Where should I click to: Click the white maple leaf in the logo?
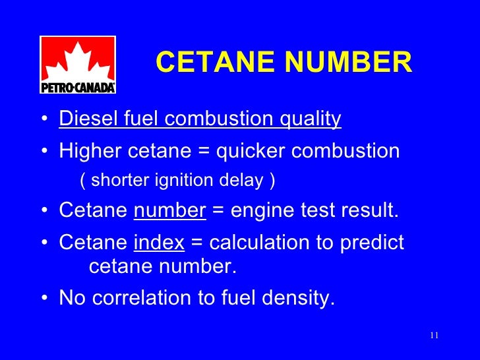(x=78, y=59)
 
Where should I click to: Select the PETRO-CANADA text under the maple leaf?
(x=78, y=87)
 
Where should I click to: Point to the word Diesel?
(x=81, y=119)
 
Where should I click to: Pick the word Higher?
(x=85, y=151)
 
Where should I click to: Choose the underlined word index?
(x=159, y=243)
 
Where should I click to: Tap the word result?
(x=369, y=211)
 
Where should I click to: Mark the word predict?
(x=372, y=243)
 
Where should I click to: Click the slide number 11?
(x=434, y=336)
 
